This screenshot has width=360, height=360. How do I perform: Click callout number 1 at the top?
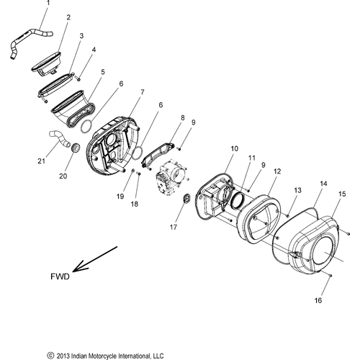[x=48, y=3]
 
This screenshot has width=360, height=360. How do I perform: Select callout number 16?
[x=318, y=300]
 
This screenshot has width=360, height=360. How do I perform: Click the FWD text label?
[x=60, y=276]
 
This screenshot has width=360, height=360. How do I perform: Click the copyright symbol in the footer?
[x=50, y=356]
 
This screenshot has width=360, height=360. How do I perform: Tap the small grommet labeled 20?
[x=76, y=147]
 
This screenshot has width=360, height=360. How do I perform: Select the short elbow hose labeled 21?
[x=60, y=139]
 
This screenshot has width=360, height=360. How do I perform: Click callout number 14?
[x=323, y=184]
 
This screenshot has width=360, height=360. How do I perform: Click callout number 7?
[x=143, y=92]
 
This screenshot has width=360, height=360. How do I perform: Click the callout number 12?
[x=277, y=171]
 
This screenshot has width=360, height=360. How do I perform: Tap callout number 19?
[x=120, y=197]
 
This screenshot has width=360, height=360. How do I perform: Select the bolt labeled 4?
[x=78, y=78]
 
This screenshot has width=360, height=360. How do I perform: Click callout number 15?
[x=342, y=194]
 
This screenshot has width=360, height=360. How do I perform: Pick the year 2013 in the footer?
[x=62, y=356]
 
